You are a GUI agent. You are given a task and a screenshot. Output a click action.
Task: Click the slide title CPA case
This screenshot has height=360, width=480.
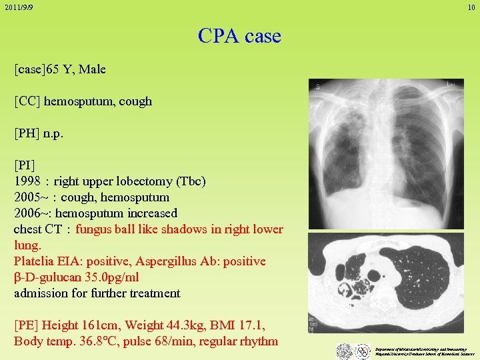pyautogui.click(x=239, y=35)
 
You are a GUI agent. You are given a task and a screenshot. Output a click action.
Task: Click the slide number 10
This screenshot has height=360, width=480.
pyautogui.click(x=471, y=7)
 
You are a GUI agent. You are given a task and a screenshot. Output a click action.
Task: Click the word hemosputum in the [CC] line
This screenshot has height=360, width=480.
pyautogui.click(x=73, y=101)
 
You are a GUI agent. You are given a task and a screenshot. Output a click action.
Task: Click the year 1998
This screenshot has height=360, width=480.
pyautogui.click(x=27, y=181)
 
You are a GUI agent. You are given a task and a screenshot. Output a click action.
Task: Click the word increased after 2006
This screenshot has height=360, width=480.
pyautogui.click(x=149, y=213)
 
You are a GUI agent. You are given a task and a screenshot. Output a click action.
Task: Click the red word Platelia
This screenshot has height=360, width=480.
pyautogui.click(x=35, y=261)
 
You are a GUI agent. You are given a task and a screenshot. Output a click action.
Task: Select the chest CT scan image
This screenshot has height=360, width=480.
pyautogui.click(x=386, y=283)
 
